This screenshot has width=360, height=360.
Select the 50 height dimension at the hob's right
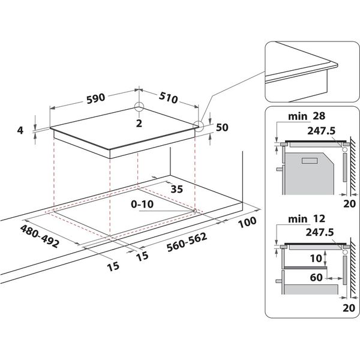222,127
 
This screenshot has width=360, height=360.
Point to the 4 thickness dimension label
20,130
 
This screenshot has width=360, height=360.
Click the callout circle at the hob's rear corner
139,107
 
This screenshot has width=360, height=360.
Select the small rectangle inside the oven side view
309,160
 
